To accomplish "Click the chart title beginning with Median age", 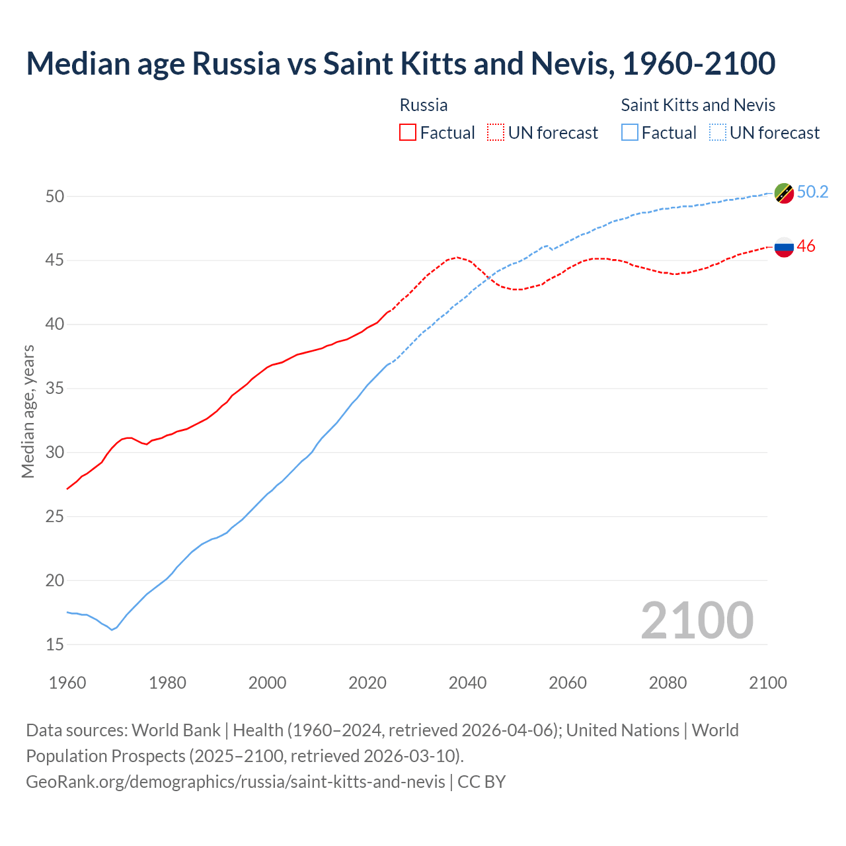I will [401, 63].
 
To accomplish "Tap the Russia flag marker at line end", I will [784, 247].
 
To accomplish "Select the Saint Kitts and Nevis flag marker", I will [784, 193].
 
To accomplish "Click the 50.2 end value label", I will [812, 192].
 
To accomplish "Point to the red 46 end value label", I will [806, 246].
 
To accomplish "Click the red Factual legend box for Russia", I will [408, 133].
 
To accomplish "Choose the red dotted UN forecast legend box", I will [496, 133].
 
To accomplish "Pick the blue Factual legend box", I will [630, 133].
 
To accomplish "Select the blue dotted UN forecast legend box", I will [717, 133].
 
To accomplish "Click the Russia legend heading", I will [424, 105].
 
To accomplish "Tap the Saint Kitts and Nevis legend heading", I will [698, 105].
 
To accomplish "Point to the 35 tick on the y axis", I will [55, 388].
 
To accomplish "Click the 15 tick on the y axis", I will [55, 644].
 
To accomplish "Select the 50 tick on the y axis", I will [55, 196].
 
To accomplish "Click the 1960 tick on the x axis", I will [67, 683].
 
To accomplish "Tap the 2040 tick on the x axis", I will [467, 683].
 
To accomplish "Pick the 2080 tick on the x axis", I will [668, 683].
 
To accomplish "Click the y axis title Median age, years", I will [28, 411].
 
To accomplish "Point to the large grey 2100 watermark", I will [697, 620].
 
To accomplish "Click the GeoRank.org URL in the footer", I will [235, 782].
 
